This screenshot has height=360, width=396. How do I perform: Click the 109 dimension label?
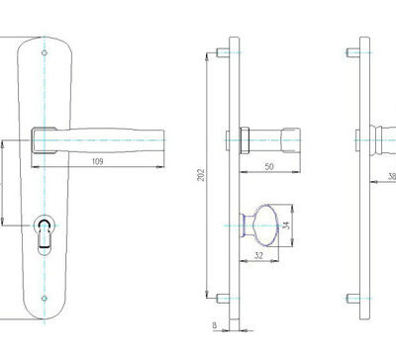tap(97, 161)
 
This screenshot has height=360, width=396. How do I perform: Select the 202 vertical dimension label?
tap(201, 175)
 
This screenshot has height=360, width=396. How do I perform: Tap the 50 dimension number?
tap(269, 166)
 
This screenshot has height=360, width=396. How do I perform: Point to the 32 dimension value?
tap(259, 255)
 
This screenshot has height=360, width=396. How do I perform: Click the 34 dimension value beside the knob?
tap(286, 225)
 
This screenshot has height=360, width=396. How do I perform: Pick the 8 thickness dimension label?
tap(215, 325)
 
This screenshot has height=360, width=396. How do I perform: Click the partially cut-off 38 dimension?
tap(392, 176)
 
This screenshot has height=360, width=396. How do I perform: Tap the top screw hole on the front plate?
tap(45, 52)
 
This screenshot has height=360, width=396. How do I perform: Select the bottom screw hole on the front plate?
tap(45, 299)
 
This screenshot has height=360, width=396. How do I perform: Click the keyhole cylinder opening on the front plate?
tap(45, 234)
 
